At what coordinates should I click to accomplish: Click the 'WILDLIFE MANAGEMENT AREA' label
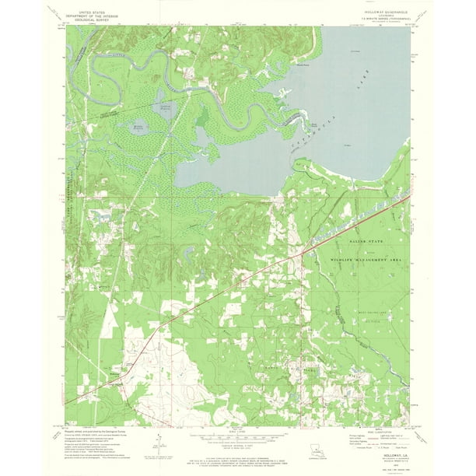point(366,257)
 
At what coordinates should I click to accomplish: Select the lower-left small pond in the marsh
point(139,125)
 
